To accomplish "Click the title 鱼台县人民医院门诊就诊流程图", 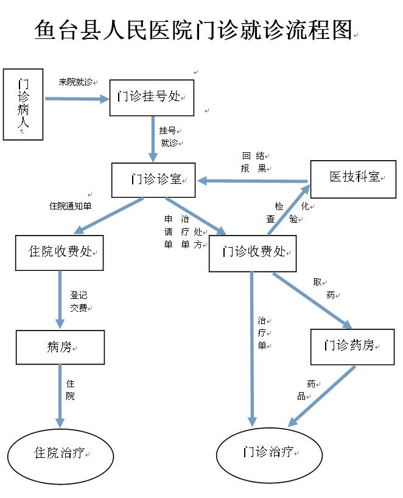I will coord(194,30).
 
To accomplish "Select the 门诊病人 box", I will coord(23,104).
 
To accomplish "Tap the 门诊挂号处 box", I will coord(152,97).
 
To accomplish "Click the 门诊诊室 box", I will coord(153,180).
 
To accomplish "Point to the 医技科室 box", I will coord(353,178).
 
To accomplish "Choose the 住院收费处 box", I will coord(60,252).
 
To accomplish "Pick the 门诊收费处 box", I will coord(253,252).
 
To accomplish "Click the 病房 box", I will coord(60,347).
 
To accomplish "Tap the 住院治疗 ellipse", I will coord(61,454).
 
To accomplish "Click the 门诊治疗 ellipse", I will coord(268,454).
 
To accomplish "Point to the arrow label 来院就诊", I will coord(75,82).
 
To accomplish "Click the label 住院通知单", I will coord(70,206).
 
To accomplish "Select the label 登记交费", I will coord(79,301).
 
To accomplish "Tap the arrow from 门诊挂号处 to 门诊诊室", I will coord(154,139).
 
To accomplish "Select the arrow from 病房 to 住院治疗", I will coord(60,396).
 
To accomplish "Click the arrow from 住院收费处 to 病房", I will coord(60,300).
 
